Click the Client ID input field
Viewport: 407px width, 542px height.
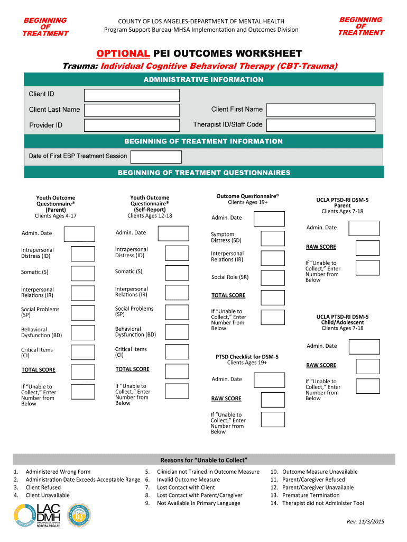tap(132, 95)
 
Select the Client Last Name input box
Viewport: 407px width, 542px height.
tap(132, 110)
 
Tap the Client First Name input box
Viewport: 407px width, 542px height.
tap(320, 110)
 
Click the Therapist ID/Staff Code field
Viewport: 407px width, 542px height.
tap(320, 125)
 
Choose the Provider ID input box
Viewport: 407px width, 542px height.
tap(132, 125)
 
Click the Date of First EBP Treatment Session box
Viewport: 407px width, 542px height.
tap(156, 157)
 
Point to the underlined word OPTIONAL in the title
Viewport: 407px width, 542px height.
tap(123, 53)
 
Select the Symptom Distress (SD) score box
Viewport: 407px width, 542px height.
tap(273, 238)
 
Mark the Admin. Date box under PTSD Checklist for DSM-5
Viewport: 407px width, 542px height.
tap(269, 380)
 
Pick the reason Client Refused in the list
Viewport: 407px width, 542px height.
tap(43, 487)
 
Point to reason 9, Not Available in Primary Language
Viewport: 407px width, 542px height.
tap(198, 503)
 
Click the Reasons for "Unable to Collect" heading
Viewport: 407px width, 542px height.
tap(204, 459)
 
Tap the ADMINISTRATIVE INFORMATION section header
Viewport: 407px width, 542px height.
tap(203, 80)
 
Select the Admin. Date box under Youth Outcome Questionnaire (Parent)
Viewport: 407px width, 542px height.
tap(79, 234)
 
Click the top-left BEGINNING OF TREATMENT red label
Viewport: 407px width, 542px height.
tap(45, 27)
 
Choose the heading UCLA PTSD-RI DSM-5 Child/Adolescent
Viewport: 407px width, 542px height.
tap(342, 320)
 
